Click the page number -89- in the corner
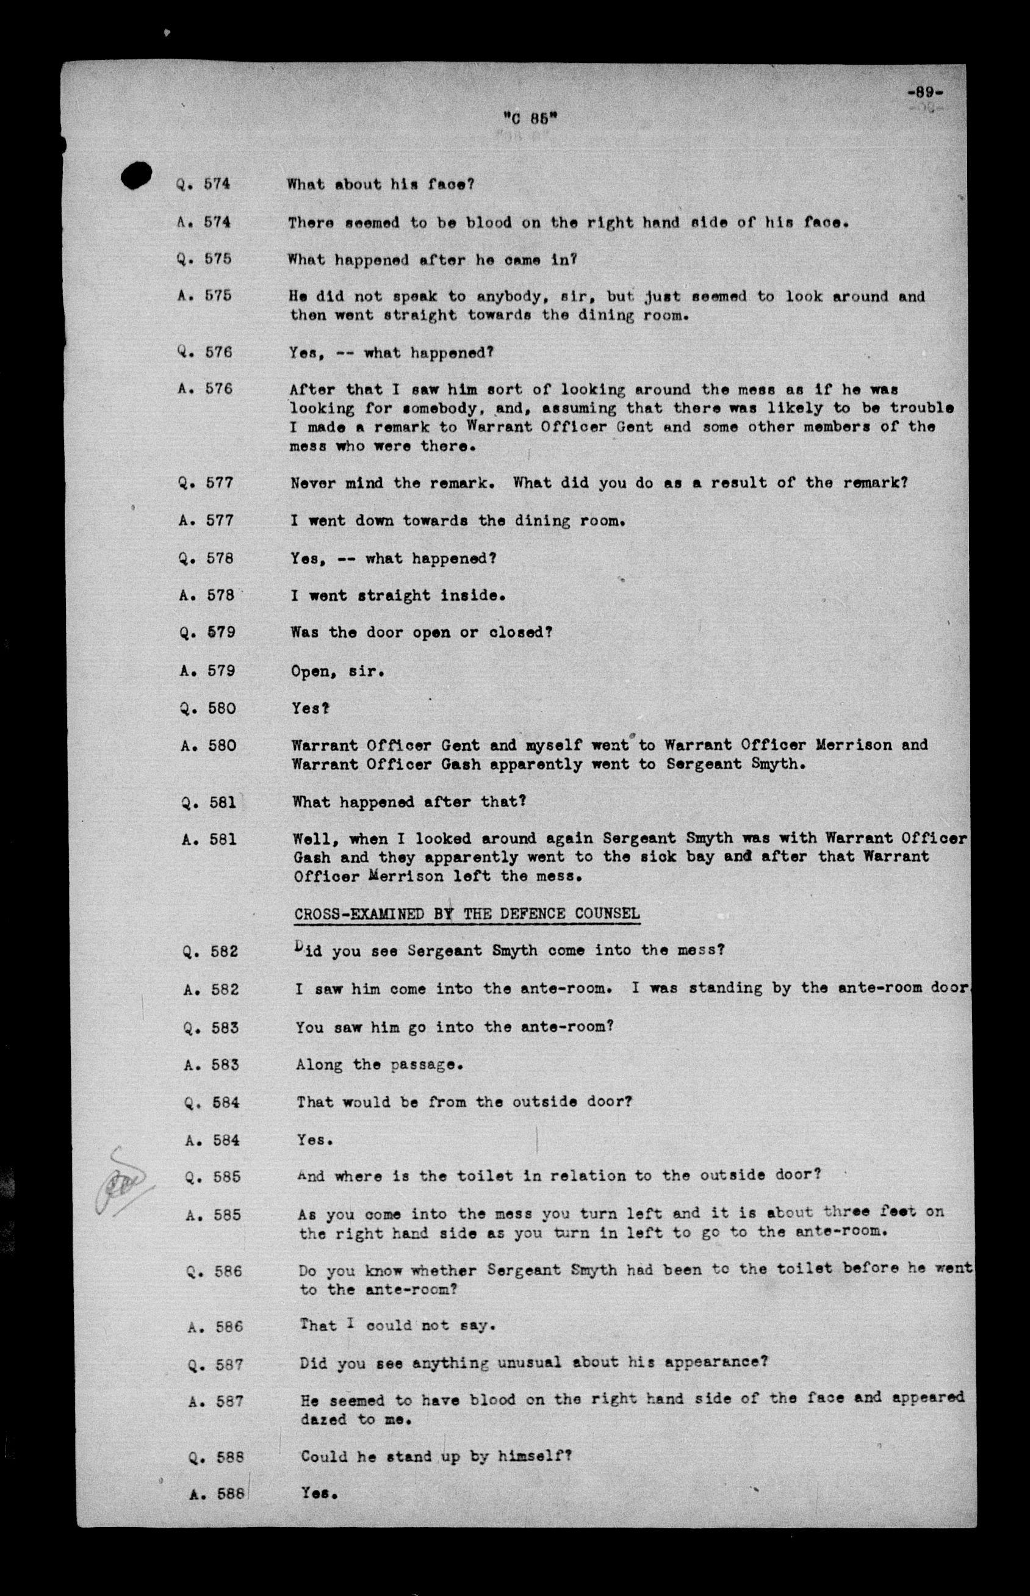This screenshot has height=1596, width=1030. coord(926,92)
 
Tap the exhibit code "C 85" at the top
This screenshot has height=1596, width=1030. coord(530,118)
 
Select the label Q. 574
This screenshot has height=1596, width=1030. coord(203,184)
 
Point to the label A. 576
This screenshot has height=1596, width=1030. coord(206,389)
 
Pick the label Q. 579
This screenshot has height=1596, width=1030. coord(207,632)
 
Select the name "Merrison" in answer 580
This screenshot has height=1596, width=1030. coord(854,745)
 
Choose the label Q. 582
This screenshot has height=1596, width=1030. coord(211,951)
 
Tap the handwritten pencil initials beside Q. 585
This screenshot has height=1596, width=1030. coord(120,1182)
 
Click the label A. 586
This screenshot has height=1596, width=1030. coord(214,1326)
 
